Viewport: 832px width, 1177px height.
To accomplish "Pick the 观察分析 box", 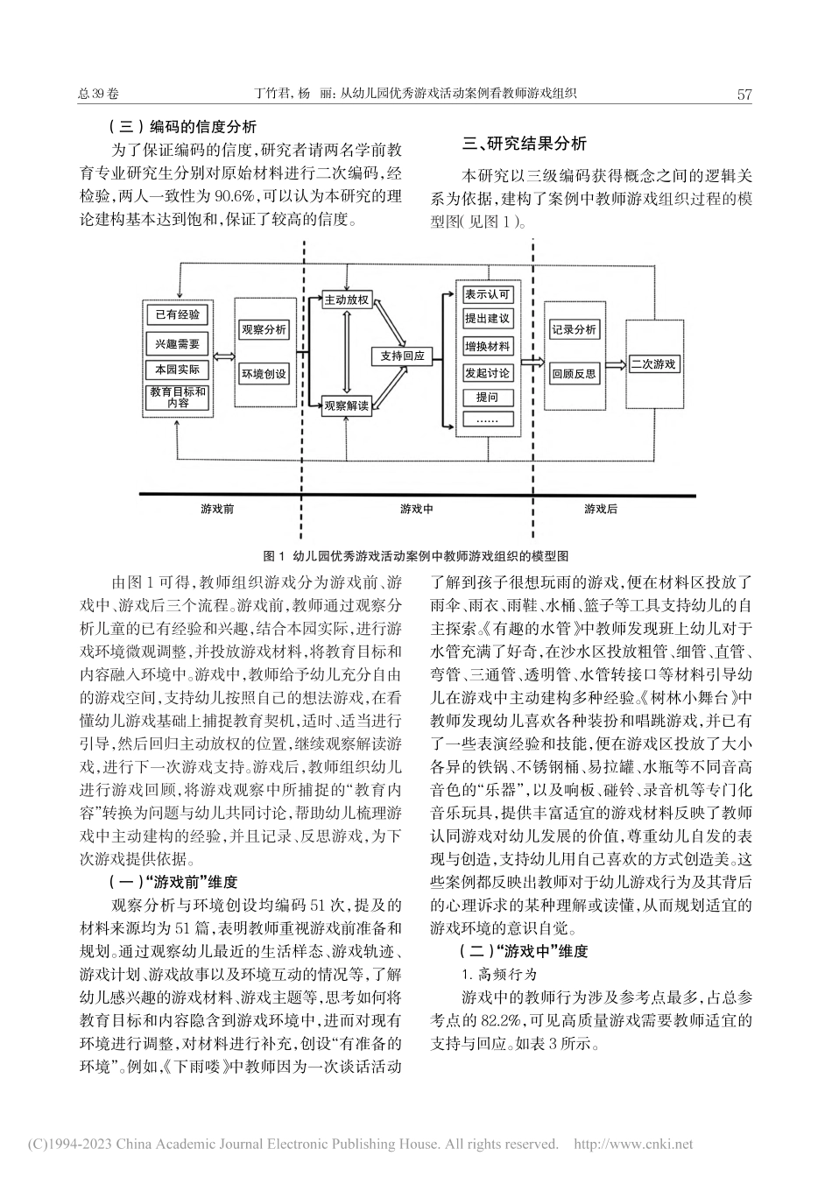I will tap(264, 330).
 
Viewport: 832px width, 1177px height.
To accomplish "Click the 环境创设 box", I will tap(264, 374).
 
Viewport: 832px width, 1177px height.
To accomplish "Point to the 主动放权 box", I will tap(347, 300).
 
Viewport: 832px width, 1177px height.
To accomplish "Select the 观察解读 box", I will tap(347, 405).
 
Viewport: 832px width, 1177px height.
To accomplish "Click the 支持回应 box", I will tap(403, 356).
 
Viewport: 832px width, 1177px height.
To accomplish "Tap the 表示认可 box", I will tap(488, 295).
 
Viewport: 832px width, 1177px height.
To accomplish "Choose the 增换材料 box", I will tap(488, 347).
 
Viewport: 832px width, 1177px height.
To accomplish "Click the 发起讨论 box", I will tap(488, 373).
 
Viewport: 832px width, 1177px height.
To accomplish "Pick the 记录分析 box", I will tap(574, 330).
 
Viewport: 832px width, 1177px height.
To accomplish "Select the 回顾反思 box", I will tap(574, 374).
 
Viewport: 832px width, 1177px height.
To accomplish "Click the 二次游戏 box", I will tap(653, 363).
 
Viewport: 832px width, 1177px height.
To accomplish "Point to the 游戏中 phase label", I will tap(416, 509).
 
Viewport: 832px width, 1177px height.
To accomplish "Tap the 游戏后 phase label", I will tap(601, 509).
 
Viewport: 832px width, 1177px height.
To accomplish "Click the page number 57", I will tap(745, 95).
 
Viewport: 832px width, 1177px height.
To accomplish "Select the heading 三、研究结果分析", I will tap(525, 144).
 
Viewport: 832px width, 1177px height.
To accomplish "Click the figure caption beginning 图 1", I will tap(416, 555).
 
